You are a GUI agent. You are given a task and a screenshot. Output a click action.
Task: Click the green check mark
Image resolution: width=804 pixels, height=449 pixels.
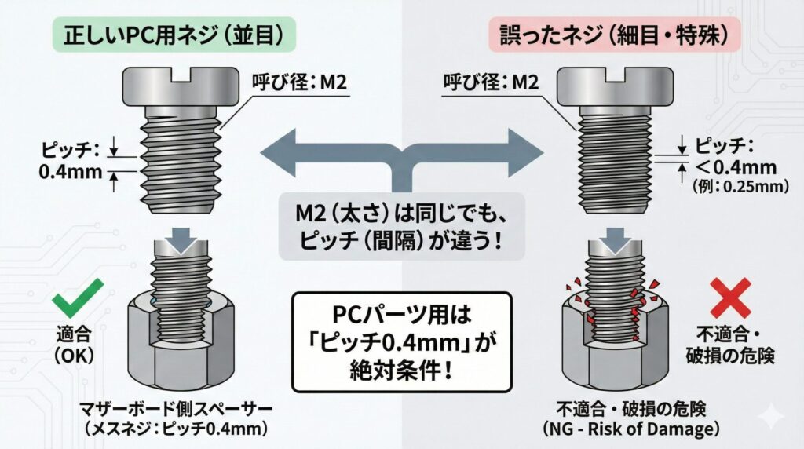coord(78,297)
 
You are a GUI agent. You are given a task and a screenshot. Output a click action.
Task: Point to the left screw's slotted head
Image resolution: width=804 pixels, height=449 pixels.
coord(181,86)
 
